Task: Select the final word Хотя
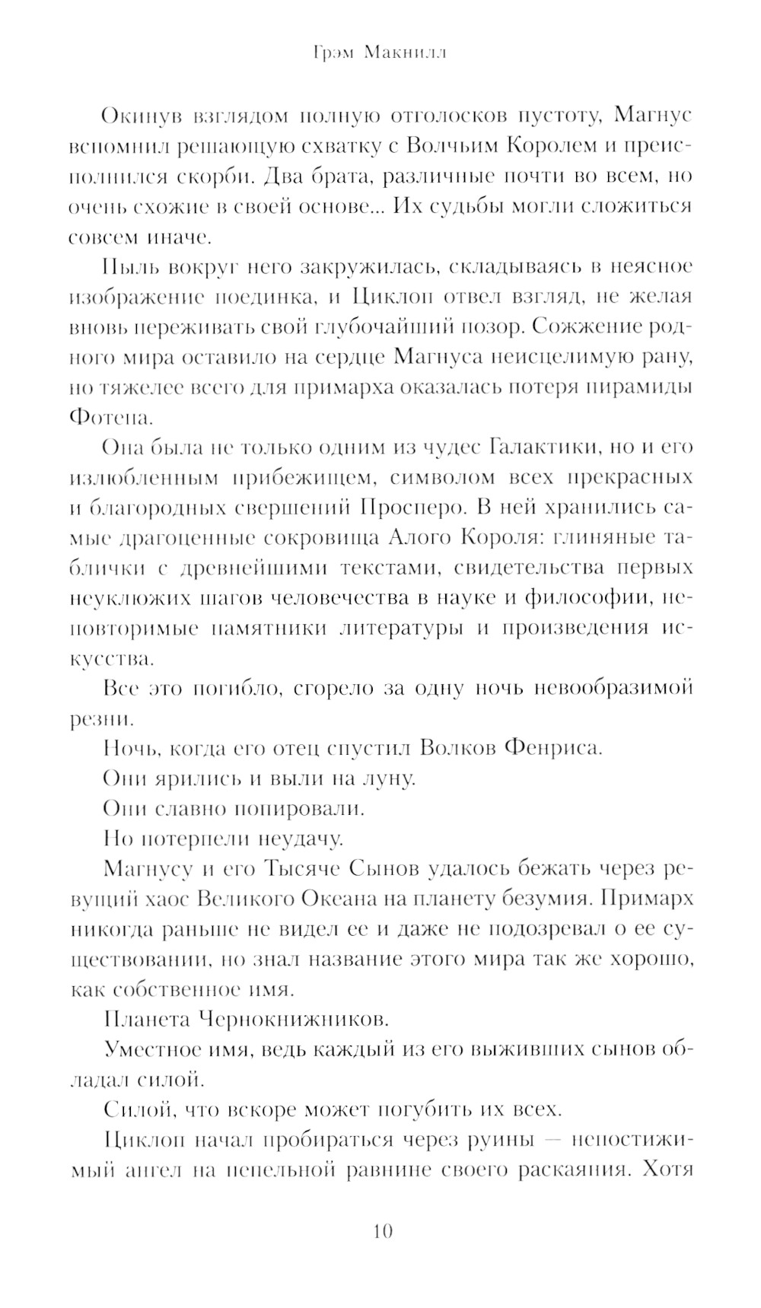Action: [667, 1170]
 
